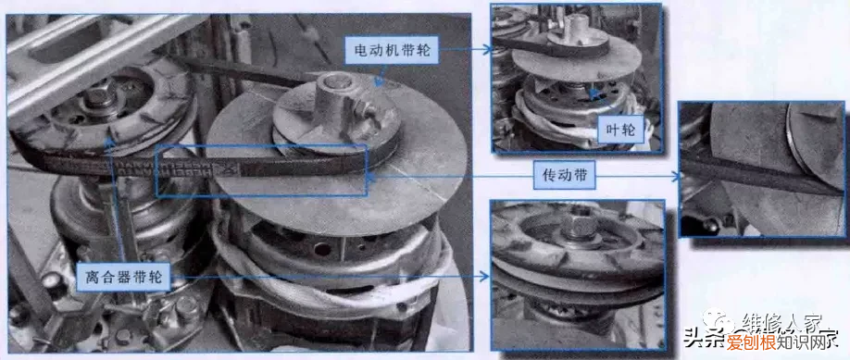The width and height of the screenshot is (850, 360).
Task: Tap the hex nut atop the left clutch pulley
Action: (96, 93)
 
